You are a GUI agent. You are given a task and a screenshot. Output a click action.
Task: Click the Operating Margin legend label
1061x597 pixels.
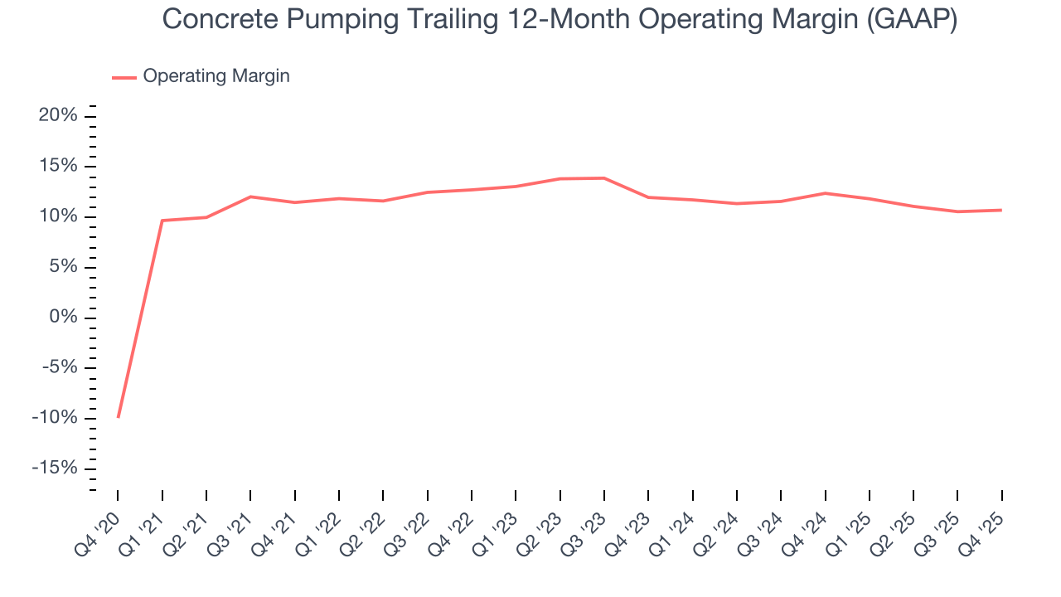point(216,76)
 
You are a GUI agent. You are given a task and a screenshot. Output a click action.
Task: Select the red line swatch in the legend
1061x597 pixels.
point(124,77)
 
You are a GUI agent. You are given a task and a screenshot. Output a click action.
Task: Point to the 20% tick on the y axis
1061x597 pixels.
point(58,116)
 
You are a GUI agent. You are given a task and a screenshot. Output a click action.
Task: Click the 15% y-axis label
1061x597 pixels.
point(58,167)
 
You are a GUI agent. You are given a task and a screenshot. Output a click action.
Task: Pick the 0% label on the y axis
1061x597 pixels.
point(63,318)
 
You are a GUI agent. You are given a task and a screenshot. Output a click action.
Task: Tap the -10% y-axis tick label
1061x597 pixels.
point(55,418)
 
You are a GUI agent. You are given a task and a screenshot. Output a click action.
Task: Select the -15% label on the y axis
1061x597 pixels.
point(55,468)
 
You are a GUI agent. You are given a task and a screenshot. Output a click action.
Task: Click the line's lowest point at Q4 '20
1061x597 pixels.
point(118,417)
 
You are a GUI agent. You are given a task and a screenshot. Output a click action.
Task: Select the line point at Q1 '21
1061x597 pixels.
point(162,221)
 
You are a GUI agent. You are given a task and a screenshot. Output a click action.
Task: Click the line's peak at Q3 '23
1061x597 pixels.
point(604,178)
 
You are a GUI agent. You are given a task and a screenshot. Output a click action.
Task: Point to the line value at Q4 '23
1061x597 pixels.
point(648,197)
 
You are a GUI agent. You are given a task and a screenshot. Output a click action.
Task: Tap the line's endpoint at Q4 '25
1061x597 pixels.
point(1001,210)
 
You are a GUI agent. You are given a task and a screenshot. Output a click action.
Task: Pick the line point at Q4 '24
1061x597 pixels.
point(825,193)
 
